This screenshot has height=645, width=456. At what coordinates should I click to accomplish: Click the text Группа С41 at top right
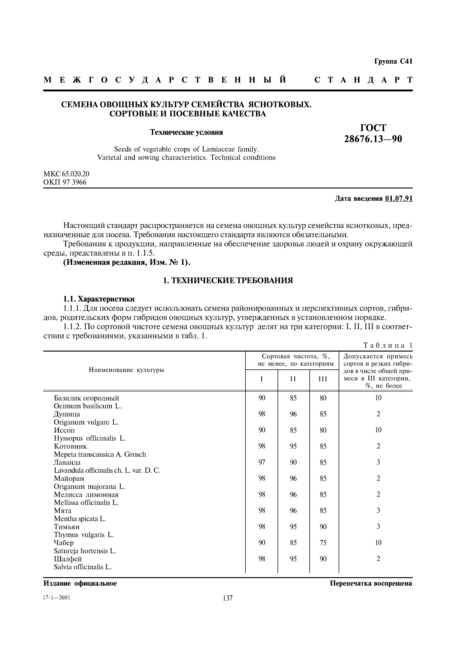click(393, 62)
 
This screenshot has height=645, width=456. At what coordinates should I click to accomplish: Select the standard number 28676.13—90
click(373, 139)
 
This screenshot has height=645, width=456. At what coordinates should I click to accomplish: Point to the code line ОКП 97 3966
click(65, 182)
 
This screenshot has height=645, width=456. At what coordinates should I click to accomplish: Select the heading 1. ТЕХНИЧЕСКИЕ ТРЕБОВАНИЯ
click(228, 280)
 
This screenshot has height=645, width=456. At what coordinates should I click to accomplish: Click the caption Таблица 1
click(388, 345)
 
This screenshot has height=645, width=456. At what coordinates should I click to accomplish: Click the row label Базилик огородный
click(86, 398)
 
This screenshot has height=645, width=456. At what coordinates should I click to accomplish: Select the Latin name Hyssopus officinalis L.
click(90, 438)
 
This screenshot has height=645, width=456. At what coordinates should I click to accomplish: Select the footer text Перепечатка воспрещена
click(371, 583)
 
